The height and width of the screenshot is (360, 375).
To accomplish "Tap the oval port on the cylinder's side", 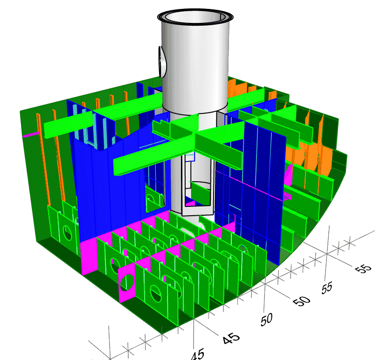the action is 162,62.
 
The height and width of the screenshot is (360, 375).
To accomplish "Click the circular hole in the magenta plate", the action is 127,282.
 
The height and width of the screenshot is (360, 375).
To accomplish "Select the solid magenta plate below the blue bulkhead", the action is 90,257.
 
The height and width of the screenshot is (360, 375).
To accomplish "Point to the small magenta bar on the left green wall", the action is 31,134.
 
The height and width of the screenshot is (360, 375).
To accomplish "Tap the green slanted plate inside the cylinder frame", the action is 201,193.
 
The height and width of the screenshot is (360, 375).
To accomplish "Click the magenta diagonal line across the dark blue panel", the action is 250,184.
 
